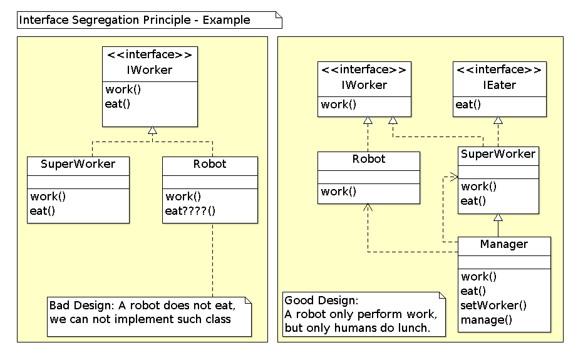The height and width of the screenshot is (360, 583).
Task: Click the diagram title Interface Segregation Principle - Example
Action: (x=135, y=20)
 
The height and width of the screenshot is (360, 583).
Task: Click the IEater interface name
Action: (x=499, y=85)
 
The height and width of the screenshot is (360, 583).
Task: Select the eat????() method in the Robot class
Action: (x=190, y=210)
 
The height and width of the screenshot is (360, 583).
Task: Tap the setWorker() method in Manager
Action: (x=493, y=306)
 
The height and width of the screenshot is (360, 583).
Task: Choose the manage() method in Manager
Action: (x=487, y=320)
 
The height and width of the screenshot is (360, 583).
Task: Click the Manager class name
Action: (x=504, y=244)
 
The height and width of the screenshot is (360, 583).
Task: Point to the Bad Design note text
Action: (x=143, y=312)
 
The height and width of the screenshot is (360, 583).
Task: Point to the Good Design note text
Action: (x=360, y=314)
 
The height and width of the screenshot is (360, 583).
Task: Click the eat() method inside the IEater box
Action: (x=468, y=105)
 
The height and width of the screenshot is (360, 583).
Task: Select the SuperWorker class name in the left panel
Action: (x=78, y=165)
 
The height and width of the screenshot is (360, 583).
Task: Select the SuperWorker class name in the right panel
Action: (x=498, y=154)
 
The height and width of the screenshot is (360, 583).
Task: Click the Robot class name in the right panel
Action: (x=369, y=159)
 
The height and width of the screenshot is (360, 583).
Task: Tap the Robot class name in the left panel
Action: (x=210, y=165)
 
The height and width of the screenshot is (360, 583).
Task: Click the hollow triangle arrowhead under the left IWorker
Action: (x=151, y=131)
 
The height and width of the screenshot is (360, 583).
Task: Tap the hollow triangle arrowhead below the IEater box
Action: (x=498, y=120)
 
